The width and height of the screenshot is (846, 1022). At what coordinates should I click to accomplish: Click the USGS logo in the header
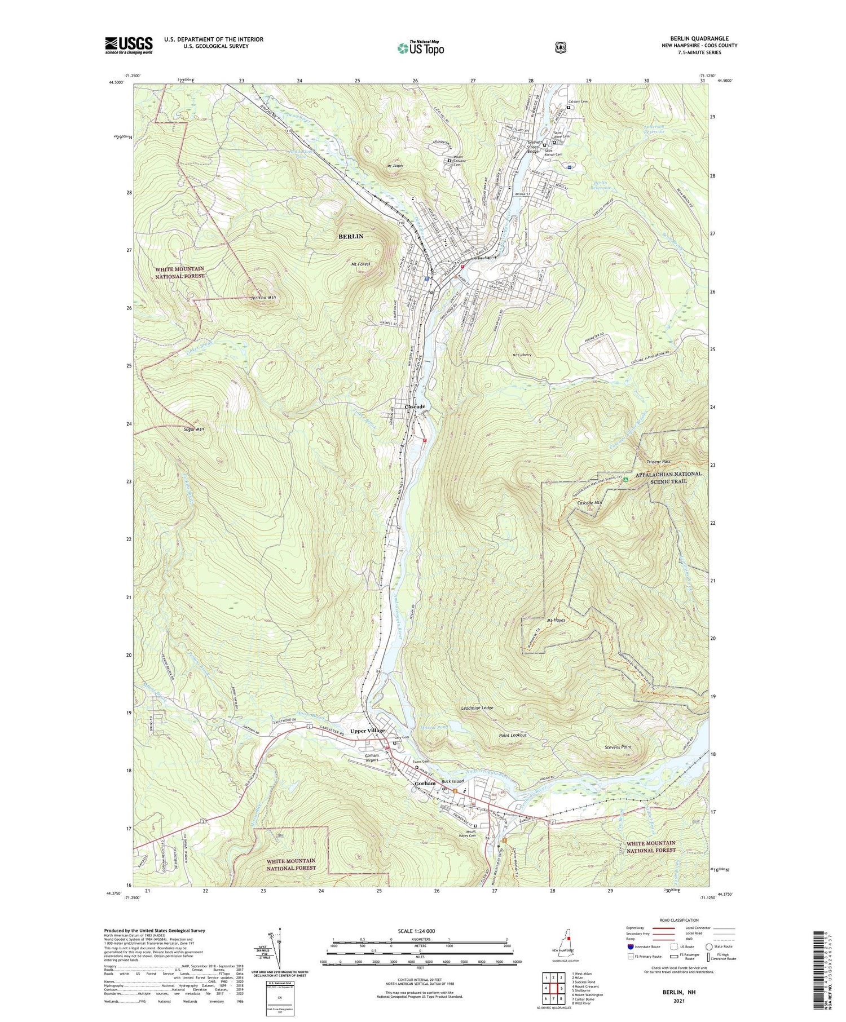[129, 46]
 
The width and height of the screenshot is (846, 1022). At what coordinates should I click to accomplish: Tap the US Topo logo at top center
[420, 48]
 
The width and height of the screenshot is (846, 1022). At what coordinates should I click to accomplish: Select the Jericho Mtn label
[263, 297]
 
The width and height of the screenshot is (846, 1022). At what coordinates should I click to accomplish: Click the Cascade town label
[415, 406]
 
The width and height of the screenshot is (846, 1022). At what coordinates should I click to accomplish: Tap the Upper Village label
[367, 731]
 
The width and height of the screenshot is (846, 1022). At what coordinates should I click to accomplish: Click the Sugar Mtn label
[193, 429]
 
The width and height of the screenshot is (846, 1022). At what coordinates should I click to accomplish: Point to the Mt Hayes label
[555, 620]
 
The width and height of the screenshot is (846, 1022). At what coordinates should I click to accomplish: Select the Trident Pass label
[658, 462]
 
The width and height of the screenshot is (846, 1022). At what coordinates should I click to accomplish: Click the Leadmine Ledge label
[477, 707]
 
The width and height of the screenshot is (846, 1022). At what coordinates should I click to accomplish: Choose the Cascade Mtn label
[590, 502]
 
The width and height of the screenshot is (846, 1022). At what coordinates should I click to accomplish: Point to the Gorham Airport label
[372, 758]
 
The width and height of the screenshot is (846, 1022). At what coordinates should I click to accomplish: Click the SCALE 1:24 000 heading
[419, 931]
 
